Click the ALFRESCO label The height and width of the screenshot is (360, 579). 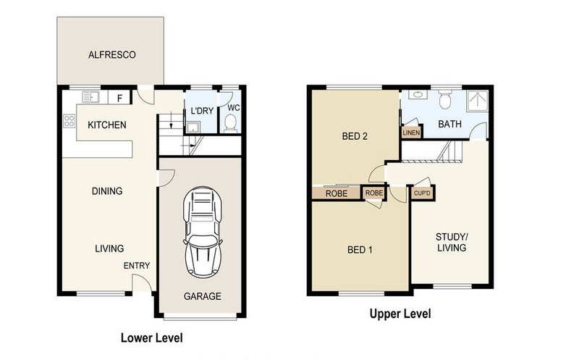[x=112, y=55]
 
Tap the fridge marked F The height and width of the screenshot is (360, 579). [x=119, y=98]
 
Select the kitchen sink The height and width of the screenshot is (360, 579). [x=91, y=97]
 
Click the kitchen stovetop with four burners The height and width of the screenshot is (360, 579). [x=69, y=121]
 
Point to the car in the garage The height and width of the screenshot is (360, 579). [x=203, y=233]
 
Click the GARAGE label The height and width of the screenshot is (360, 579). [x=203, y=296]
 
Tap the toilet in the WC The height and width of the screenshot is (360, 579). [x=231, y=123]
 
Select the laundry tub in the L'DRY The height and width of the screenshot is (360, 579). [x=193, y=127]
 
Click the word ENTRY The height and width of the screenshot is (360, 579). [x=137, y=265]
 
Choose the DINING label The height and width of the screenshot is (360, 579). [x=107, y=191]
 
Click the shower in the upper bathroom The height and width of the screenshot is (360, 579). [x=477, y=101]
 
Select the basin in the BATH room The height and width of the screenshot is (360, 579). [x=418, y=95]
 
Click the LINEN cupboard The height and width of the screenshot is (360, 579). [x=411, y=132]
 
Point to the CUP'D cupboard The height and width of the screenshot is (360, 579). [x=423, y=193]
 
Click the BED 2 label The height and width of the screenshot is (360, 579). [x=355, y=136]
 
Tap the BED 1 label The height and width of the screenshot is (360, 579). [x=360, y=250]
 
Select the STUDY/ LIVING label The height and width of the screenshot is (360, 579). [x=452, y=242]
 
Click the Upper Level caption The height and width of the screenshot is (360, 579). [x=400, y=314]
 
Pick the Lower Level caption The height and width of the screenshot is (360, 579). [x=152, y=338]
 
